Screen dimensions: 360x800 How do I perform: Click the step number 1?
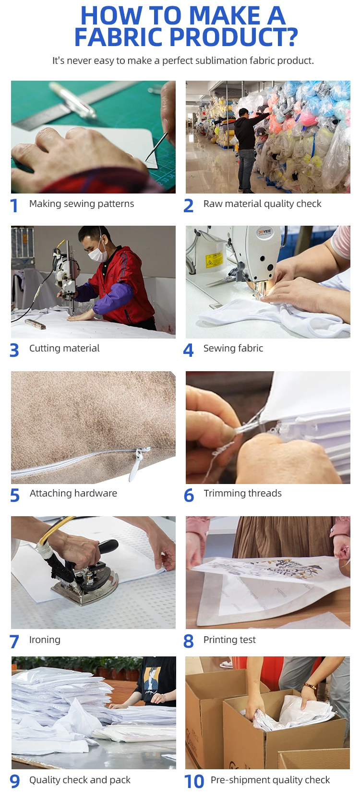14,206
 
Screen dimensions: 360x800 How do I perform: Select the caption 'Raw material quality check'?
262,204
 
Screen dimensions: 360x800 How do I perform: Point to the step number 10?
194,781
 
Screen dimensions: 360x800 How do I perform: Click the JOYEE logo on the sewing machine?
264,232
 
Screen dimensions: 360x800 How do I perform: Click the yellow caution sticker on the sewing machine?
214,260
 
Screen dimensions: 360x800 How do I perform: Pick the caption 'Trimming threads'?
242,493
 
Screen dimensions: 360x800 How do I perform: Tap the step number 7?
14,642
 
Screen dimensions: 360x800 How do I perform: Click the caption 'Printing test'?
229,640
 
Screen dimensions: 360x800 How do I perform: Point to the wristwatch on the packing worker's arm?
310,686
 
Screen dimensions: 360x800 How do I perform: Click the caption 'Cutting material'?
64,348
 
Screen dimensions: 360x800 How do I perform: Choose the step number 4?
188,351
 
